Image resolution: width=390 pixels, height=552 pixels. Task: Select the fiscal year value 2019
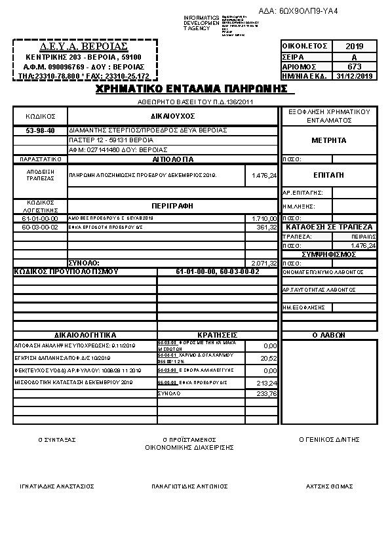(354, 47)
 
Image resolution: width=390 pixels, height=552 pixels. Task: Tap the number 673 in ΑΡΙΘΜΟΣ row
(354, 66)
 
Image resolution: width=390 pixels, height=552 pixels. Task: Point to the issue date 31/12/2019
(354, 76)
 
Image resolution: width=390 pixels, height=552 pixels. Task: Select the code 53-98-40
(40, 130)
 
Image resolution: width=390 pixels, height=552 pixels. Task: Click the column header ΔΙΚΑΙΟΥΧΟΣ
(172, 115)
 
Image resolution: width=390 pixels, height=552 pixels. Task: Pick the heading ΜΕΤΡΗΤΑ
(330, 140)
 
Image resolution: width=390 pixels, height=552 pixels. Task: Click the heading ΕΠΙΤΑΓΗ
(330, 176)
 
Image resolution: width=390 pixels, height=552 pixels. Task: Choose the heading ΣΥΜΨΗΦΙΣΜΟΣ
(329, 254)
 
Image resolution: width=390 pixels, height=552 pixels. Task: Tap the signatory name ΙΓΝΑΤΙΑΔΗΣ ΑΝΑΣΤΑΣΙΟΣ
(58, 486)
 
